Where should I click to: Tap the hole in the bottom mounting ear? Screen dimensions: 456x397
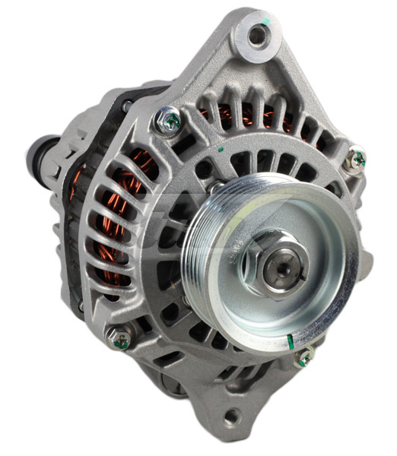[232, 417]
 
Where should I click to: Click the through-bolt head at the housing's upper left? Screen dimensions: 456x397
[167, 119]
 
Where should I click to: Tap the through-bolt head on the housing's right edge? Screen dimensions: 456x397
[354, 160]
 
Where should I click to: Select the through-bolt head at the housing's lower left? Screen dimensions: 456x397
[119, 338]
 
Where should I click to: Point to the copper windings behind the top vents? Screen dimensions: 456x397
[243, 118]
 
